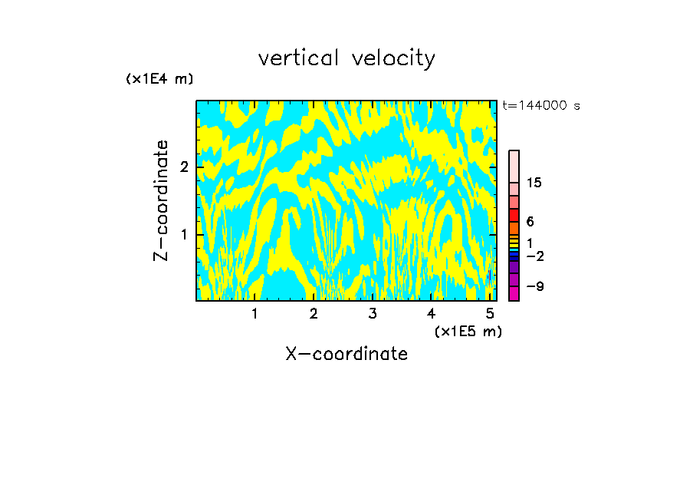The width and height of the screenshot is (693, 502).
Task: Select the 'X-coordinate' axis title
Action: coord(346,354)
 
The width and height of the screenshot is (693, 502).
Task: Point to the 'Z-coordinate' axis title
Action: coord(162,200)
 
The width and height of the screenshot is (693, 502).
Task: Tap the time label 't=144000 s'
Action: coord(540,106)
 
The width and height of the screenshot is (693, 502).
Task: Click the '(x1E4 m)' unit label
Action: coord(159,78)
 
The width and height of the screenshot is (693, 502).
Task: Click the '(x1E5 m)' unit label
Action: coord(468,331)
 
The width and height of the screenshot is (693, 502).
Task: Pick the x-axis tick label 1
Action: coord(255,313)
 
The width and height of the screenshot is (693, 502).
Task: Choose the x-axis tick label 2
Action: coord(314,313)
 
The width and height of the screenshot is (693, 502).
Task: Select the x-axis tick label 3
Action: coord(373,313)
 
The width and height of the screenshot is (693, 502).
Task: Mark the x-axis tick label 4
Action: coord(432,313)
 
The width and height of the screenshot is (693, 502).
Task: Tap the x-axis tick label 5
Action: coord(490,313)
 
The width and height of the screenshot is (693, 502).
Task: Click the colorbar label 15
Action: coord(534,183)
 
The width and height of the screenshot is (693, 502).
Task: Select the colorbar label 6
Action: coord(530,222)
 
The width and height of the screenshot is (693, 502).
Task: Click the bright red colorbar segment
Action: coord(514,215)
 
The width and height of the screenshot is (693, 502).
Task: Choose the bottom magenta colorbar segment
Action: coord(514,293)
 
